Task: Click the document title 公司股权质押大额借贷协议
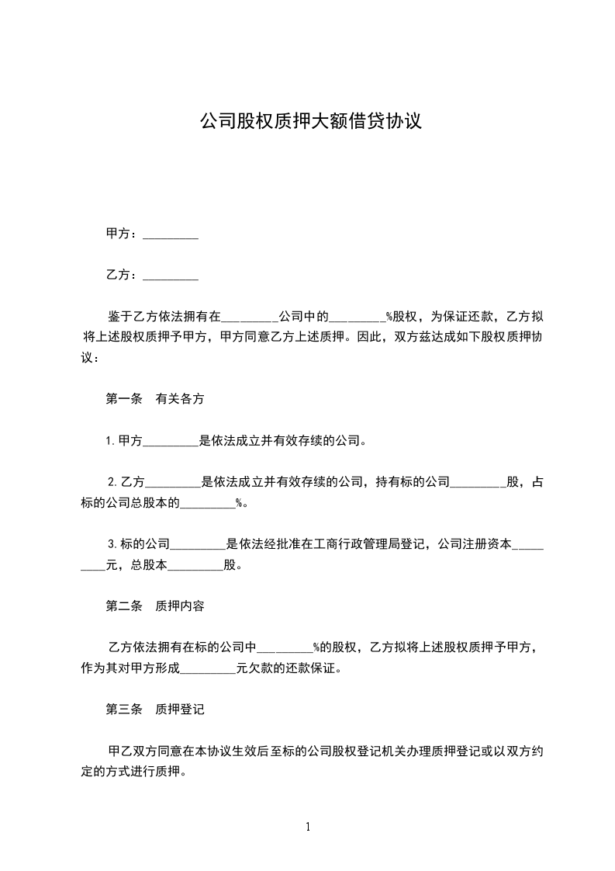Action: point(310,121)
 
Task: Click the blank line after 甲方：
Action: point(171,234)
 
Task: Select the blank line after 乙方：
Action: point(171,276)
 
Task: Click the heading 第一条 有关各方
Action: point(155,399)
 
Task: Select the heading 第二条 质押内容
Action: point(155,606)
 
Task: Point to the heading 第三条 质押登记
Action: point(155,710)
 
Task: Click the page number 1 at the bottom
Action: point(308,827)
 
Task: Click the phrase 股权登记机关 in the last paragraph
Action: point(371,751)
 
